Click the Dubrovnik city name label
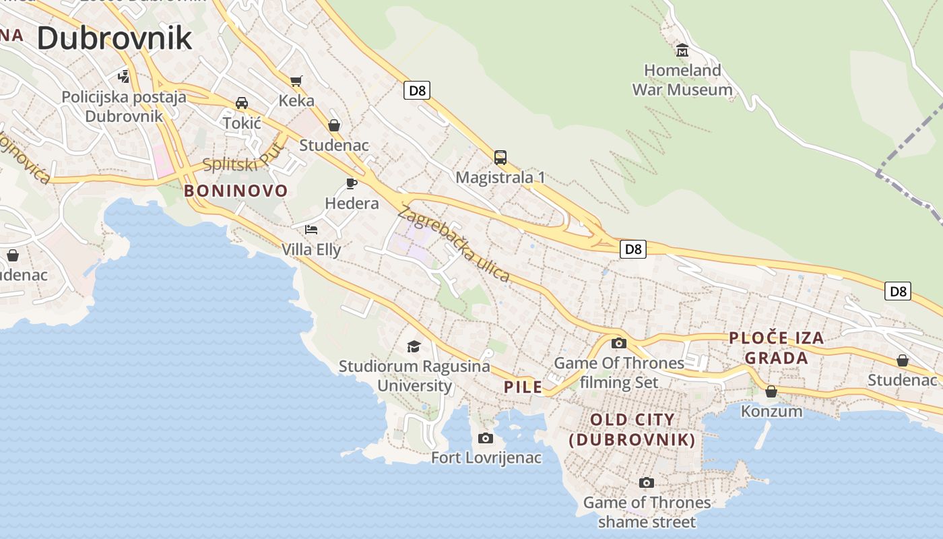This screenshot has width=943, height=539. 115,38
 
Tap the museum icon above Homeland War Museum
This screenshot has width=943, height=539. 682,51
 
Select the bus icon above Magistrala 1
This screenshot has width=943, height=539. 500,158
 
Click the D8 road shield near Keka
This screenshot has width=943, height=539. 417,90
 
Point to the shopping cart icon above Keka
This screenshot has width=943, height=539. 296,82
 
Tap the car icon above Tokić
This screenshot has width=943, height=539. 241,103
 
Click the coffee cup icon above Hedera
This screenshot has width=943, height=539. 351,183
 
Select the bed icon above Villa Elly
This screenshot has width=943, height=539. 311,230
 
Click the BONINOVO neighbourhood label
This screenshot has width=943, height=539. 236,191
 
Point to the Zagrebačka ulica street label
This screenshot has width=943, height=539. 454,244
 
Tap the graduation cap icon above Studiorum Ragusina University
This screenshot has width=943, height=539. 414,346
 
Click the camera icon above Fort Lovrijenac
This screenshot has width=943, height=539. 485,439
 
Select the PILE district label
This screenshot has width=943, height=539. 523,387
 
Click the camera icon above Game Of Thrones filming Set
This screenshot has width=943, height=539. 618,343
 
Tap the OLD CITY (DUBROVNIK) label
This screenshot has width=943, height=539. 632,430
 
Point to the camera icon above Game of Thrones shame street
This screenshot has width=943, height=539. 646,483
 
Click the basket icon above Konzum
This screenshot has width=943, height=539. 771,391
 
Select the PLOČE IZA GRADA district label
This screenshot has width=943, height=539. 777,348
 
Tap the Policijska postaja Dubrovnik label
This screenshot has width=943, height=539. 124,106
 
